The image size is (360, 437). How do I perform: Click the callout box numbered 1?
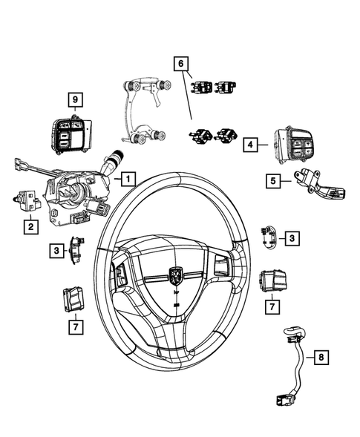point(128,179)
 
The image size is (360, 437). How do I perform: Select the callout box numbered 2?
point(30,226)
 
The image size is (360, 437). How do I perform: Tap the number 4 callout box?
point(252,146)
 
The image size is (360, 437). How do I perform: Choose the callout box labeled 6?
point(180,64)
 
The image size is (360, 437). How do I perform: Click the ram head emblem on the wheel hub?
point(176,275)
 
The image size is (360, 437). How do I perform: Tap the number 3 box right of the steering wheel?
point(292,237)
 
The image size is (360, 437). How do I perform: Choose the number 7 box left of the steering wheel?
point(75,324)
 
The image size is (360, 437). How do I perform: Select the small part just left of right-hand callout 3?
point(269,237)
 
